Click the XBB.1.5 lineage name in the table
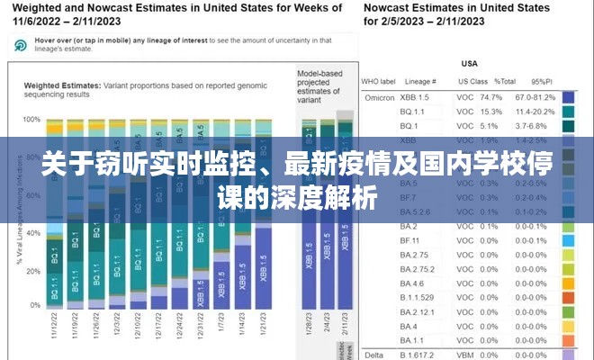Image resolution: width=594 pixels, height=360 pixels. (x=415, y=97)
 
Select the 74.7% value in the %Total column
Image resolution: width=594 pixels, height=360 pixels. (x=490, y=97)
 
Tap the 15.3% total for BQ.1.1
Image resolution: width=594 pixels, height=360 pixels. (x=490, y=112)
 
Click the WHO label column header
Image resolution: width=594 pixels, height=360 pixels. (x=379, y=82)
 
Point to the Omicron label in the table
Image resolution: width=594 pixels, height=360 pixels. (x=378, y=97)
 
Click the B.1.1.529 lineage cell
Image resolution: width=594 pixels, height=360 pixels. (x=416, y=296)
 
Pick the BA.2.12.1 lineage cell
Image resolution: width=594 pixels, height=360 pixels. (x=416, y=310)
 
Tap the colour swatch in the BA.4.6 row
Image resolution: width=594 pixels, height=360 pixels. (x=567, y=282)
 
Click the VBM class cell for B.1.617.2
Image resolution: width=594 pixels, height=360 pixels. (x=464, y=355)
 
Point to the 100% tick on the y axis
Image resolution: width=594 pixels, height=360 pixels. (x=32, y=119)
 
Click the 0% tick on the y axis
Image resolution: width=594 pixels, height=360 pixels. (x=36, y=305)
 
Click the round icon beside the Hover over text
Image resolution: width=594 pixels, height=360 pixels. (x=22, y=45)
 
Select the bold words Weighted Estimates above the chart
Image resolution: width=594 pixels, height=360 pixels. (x=61, y=85)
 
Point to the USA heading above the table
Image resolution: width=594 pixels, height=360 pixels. (x=469, y=64)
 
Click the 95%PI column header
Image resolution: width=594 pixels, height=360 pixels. (x=542, y=82)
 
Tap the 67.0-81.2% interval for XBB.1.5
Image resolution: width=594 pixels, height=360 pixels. (x=535, y=97)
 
